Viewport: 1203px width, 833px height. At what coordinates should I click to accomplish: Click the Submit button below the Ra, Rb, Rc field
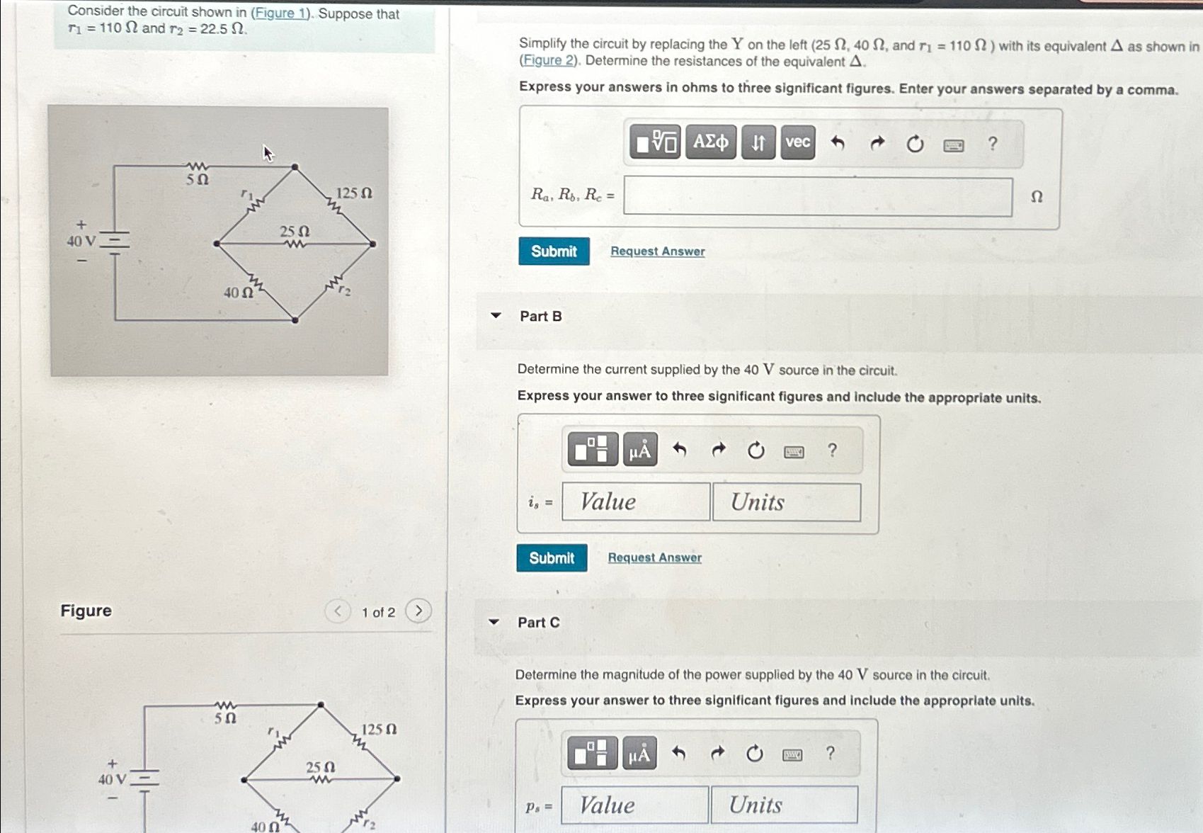(554, 251)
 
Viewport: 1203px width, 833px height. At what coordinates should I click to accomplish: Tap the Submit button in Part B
(552, 558)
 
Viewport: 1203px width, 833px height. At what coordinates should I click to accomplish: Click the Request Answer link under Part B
(654, 557)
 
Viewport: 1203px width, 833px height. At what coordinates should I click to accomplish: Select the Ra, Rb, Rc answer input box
(818, 196)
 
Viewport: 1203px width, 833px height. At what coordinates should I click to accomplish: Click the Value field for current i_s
(636, 501)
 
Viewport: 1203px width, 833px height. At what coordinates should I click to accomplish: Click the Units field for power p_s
(784, 805)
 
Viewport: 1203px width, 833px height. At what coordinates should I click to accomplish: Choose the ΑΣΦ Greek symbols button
(710, 142)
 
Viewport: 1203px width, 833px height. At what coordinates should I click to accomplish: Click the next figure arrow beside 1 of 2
(418, 611)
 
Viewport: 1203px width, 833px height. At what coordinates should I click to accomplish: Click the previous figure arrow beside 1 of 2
(338, 611)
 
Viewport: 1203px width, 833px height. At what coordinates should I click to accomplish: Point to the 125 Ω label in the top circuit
(353, 193)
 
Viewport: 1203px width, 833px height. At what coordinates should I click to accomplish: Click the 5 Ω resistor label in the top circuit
(198, 179)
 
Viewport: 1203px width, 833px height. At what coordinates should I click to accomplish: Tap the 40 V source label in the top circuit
(81, 241)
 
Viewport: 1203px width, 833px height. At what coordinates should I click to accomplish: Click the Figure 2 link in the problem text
(548, 61)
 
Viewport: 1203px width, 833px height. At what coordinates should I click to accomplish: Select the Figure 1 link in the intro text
(281, 13)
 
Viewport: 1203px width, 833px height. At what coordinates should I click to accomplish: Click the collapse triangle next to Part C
(494, 623)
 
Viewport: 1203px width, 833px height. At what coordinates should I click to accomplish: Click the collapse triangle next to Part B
(496, 316)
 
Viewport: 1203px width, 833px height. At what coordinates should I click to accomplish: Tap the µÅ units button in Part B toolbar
(640, 450)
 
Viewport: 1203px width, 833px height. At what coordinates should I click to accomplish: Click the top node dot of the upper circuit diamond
(295, 167)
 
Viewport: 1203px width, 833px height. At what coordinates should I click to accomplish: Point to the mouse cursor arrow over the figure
(268, 152)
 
